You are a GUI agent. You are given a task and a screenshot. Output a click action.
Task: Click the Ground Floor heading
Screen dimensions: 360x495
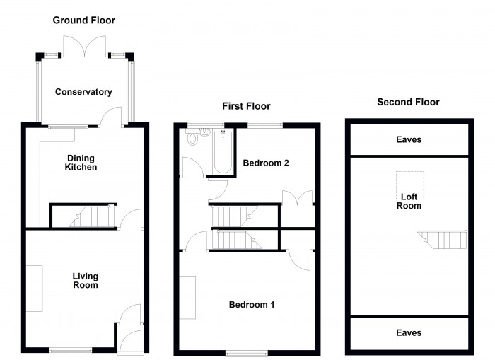84,21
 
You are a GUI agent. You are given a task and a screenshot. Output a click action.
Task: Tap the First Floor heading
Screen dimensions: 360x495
246,106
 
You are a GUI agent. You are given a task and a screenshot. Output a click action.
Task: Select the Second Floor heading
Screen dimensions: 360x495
408,103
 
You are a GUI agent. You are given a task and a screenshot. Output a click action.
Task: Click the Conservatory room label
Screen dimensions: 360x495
83,92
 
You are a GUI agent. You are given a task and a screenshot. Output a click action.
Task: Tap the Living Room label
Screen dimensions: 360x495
85,281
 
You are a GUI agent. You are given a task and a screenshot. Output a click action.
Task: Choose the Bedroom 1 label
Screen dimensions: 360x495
251,305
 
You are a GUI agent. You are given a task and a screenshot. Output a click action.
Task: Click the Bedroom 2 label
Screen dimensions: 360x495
266,163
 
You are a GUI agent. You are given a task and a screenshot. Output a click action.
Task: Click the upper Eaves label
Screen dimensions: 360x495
409,140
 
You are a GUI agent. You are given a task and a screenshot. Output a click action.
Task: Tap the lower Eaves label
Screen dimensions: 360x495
409,333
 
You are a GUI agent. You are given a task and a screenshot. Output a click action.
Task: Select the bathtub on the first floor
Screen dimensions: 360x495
223,151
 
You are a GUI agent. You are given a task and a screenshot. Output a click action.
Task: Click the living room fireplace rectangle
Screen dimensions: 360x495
35,289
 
